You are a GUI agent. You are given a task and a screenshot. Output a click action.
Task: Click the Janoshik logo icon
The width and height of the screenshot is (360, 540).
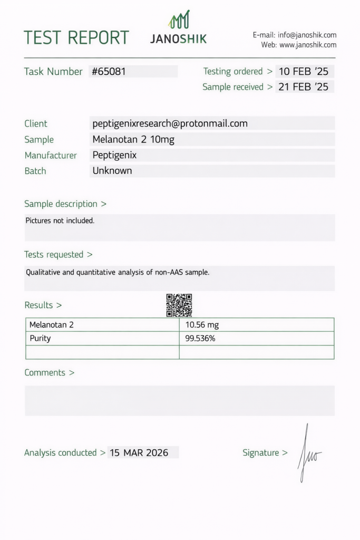(179, 20)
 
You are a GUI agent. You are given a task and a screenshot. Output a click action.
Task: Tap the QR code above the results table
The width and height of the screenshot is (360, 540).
(179, 305)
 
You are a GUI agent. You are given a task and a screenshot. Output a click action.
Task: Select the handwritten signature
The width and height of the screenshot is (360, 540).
(308, 454)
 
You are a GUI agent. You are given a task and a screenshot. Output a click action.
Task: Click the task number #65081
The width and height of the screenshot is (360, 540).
(109, 72)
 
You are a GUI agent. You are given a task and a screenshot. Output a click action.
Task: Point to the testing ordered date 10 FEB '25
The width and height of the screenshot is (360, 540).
(304, 72)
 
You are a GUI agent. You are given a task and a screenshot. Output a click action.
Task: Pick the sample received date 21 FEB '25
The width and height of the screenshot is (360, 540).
(304, 87)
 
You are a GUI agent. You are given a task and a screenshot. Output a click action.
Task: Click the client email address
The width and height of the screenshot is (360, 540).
(170, 123)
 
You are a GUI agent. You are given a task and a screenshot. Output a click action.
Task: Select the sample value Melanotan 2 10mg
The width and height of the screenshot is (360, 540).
(133, 140)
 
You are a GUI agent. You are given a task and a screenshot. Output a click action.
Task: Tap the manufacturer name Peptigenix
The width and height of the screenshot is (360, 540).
(114, 155)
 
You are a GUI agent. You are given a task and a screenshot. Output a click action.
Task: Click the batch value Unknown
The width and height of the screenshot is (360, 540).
(112, 171)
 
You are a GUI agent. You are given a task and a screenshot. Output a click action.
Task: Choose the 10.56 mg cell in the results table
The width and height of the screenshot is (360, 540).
(202, 325)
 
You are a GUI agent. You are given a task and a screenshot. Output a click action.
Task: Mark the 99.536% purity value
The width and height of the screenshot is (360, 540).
(200, 339)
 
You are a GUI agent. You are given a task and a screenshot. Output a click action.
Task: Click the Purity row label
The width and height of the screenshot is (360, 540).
(40, 339)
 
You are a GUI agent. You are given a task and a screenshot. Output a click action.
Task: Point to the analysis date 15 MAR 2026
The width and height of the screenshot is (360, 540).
(139, 452)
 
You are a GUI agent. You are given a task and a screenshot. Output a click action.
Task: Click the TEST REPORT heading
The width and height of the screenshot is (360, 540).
(76, 37)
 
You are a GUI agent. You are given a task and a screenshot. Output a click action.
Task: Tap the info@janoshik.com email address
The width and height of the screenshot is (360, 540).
(307, 35)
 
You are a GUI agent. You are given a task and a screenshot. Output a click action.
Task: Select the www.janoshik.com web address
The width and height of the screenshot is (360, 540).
(308, 45)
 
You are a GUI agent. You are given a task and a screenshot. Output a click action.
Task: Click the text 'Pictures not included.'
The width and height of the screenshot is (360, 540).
(60, 220)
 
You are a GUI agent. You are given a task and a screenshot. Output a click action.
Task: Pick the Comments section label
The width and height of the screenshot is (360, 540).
(49, 373)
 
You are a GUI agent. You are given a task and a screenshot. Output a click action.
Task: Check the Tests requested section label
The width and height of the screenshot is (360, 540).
(58, 255)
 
